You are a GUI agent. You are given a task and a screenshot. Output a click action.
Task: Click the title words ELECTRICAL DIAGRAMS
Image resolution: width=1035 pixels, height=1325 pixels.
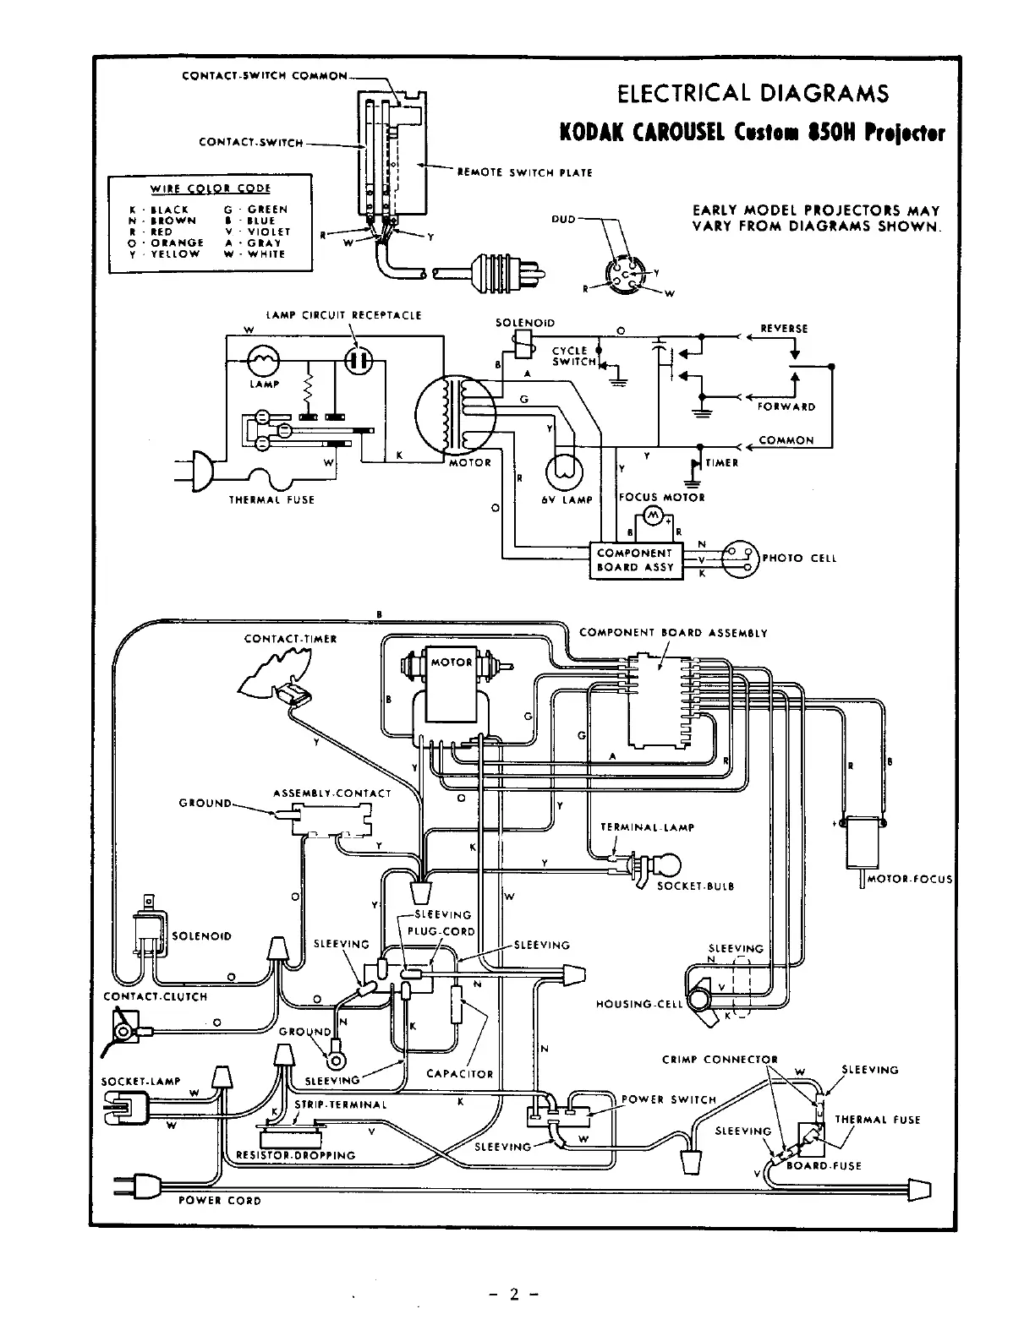pyautogui.click(x=753, y=92)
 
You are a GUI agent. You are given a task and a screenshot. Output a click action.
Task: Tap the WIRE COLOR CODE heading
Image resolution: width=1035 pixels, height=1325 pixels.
pyautogui.click(x=210, y=188)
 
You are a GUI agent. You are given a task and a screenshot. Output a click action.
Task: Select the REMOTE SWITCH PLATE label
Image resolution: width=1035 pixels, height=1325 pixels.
pyautogui.click(x=524, y=172)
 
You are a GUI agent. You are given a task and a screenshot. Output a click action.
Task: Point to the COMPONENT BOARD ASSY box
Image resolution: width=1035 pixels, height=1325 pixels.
pyautogui.click(x=636, y=559)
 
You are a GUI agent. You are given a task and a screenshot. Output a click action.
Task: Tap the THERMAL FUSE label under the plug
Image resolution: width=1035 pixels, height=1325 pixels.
pyautogui.click(x=271, y=499)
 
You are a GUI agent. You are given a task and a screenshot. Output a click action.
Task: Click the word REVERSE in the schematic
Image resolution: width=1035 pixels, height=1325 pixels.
pyautogui.click(x=784, y=329)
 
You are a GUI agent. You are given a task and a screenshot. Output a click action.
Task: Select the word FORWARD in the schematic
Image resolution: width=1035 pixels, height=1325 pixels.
pyautogui.click(x=786, y=406)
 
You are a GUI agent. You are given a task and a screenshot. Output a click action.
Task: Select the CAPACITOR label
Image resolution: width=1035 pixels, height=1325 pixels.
pyautogui.click(x=459, y=1074)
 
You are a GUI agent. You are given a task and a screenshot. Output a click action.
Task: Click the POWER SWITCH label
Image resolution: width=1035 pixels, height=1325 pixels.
pyautogui.click(x=668, y=1099)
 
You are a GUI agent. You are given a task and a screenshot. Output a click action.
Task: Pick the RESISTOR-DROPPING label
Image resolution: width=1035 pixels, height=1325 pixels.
pyautogui.click(x=289, y=1155)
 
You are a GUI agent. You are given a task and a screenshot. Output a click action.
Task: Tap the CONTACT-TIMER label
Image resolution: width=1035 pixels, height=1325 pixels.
pyautogui.click(x=290, y=639)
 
